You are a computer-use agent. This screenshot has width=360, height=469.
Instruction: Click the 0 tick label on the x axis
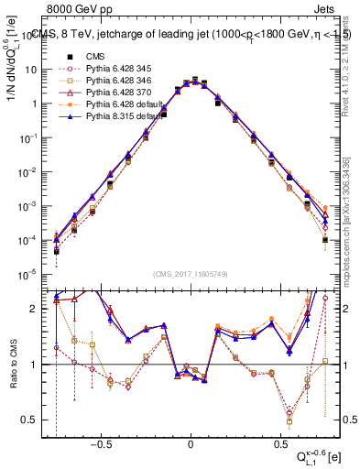click(x=191, y=445)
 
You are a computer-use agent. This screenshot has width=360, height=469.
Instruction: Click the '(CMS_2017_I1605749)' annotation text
click(x=191, y=274)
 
